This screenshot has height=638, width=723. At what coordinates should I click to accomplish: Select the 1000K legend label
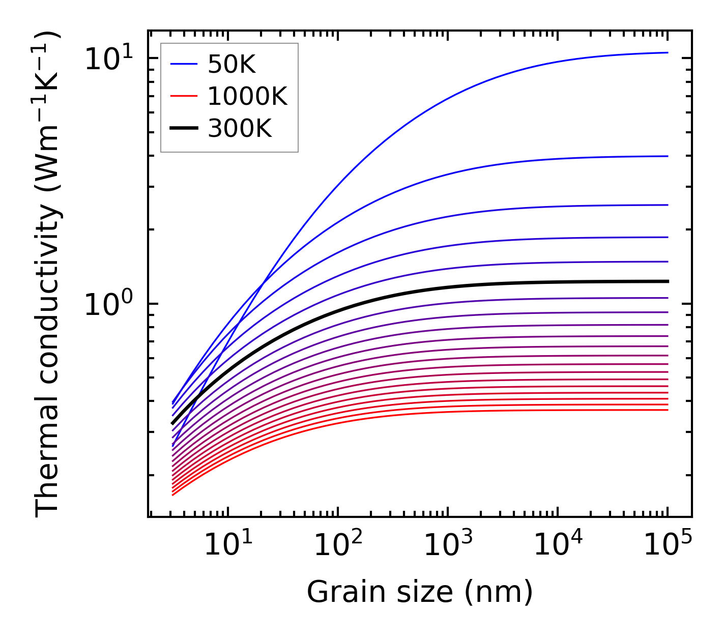click(247, 96)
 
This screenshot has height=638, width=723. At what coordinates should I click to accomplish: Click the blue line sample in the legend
click(184, 64)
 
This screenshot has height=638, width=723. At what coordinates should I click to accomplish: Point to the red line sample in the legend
click(184, 96)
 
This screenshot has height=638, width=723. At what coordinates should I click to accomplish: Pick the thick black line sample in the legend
click(184, 129)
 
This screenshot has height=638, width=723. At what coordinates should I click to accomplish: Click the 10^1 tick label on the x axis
click(227, 545)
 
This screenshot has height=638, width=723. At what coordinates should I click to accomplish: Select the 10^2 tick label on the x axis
click(338, 545)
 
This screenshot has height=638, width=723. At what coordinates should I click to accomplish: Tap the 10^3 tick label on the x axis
click(448, 545)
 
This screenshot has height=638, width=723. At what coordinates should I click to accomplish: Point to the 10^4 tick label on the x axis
click(558, 545)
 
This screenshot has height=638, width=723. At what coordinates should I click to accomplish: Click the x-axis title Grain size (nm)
click(420, 592)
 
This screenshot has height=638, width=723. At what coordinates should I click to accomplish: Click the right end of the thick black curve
click(667, 281)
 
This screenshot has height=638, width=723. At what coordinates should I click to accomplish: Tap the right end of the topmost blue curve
click(667, 52)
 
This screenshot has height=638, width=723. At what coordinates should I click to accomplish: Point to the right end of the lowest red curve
click(667, 410)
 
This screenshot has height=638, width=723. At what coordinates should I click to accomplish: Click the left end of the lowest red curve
click(173, 495)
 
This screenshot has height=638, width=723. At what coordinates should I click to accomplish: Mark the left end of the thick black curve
click(172, 423)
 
